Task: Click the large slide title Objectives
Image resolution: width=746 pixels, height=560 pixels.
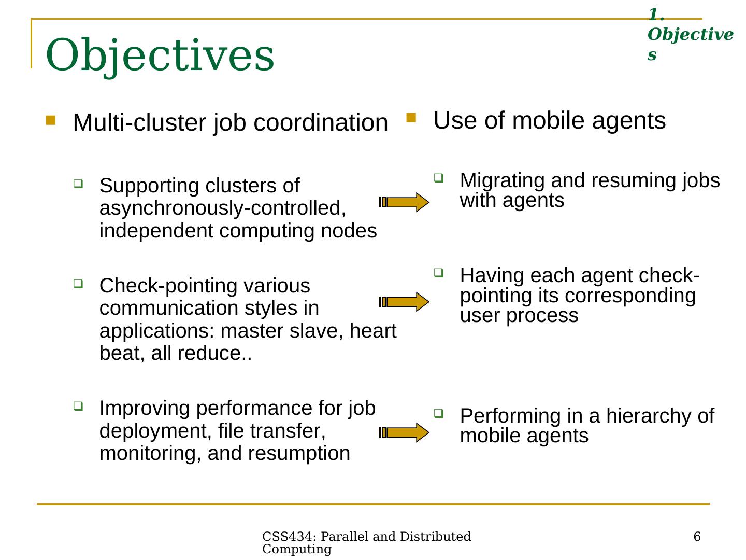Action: [160, 55]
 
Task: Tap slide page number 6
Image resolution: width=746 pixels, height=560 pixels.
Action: [697, 537]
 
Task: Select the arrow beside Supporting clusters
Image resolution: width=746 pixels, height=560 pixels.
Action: [404, 202]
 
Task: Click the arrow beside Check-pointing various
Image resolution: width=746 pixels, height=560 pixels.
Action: [404, 302]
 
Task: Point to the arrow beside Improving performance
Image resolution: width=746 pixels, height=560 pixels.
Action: [404, 432]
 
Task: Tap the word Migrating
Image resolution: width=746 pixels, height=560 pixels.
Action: [502, 180]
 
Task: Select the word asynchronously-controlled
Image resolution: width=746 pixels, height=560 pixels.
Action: [222, 208]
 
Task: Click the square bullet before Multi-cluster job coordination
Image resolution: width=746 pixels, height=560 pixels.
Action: [50, 120]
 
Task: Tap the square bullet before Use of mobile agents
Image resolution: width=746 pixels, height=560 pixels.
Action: [411, 118]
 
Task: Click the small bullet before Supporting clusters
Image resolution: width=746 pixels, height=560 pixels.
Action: [78, 183]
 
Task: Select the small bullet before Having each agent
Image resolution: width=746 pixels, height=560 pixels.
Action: [438, 272]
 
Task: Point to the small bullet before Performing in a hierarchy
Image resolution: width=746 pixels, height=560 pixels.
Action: [438, 413]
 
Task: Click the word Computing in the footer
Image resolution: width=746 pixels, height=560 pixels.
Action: [296, 550]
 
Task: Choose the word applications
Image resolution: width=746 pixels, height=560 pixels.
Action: [156, 331]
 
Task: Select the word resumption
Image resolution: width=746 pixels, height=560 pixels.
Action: [299, 454]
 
